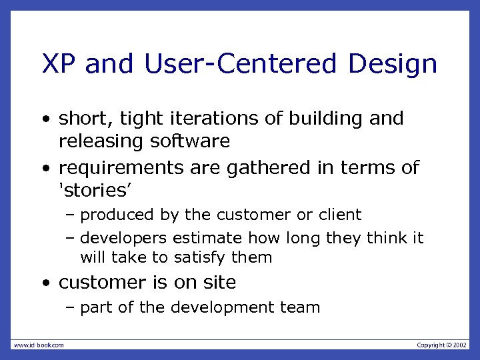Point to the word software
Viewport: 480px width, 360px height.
(191, 141)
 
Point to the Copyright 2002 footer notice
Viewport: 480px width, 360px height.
(442, 345)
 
